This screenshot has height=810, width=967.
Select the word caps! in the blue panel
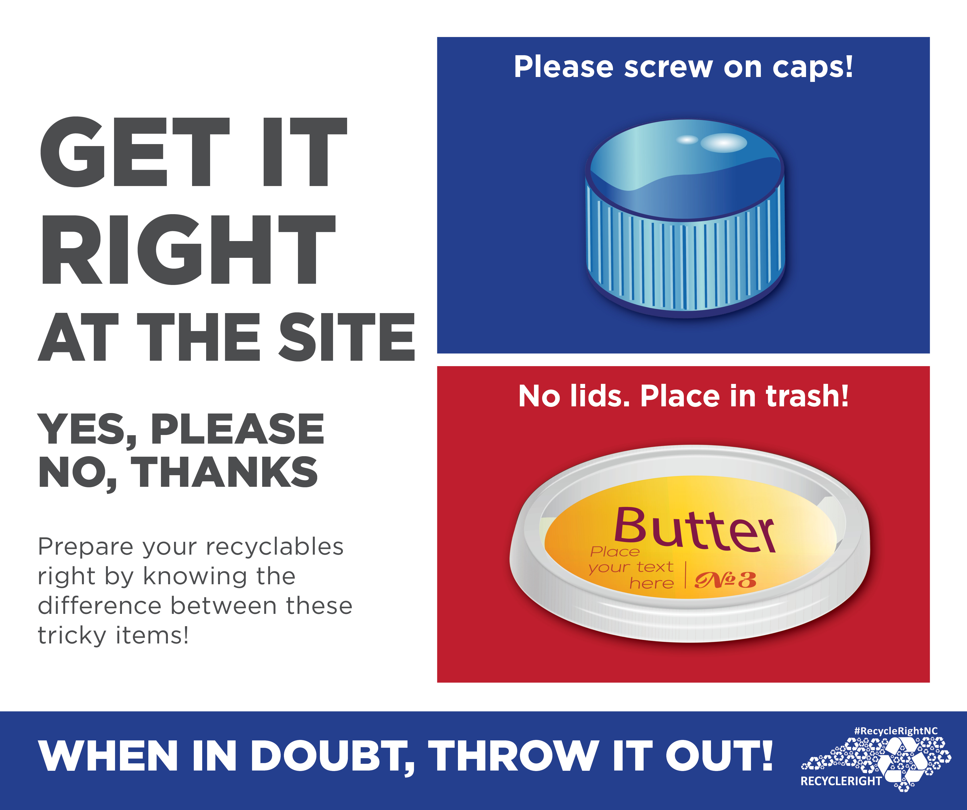click(813, 68)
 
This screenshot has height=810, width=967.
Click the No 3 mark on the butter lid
click(725, 580)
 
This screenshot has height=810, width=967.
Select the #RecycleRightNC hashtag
click(896, 731)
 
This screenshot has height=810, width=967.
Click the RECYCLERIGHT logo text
click(841, 781)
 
